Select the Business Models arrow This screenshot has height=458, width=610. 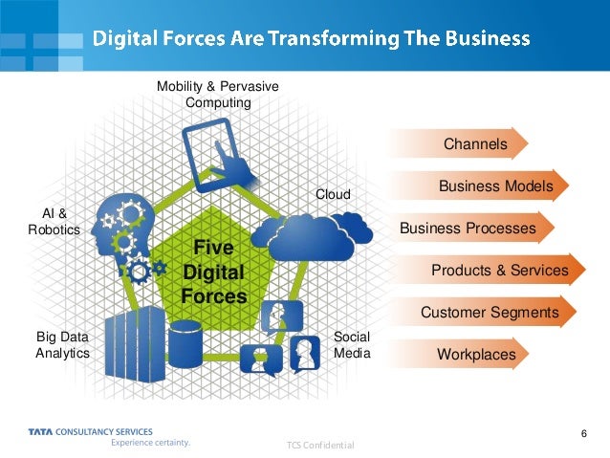(x=494, y=186)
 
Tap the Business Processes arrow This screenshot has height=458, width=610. (x=468, y=229)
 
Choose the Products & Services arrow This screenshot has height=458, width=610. (x=499, y=271)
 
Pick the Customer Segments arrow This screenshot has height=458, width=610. (x=489, y=313)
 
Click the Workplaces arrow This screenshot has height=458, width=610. (x=475, y=355)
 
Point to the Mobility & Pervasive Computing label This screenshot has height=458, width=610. (x=218, y=95)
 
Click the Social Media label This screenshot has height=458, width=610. (x=352, y=344)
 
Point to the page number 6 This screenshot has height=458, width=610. (x=582, y=436)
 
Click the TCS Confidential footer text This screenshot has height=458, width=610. (x=320, y=446)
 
